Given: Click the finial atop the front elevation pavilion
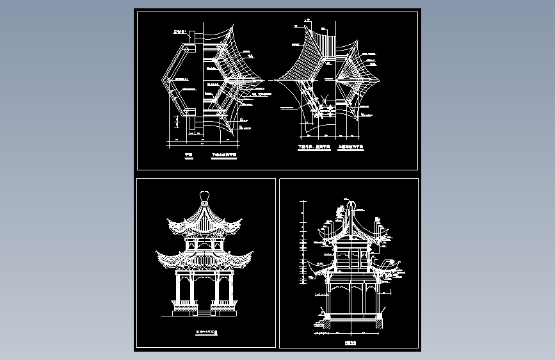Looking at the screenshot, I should point(205,195).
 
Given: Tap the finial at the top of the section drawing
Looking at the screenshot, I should point(350,207).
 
